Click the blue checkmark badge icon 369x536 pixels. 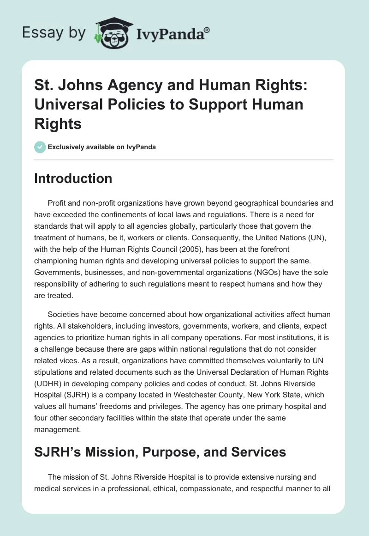pyautogui.click(x=40, y=147)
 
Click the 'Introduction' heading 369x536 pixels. pyautogui.click(x=73, y=178)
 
